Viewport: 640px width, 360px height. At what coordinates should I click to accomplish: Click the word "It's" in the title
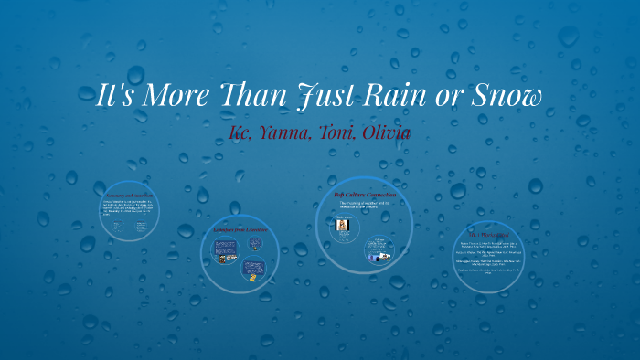pos(118,95)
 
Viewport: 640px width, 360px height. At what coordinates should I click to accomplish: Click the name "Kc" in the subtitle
pos(241,133)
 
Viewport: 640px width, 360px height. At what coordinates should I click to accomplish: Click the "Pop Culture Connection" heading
pos(365,195)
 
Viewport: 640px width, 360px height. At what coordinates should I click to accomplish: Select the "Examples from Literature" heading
pos(240,229)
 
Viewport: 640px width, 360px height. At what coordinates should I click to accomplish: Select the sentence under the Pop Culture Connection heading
pos(365,206)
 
